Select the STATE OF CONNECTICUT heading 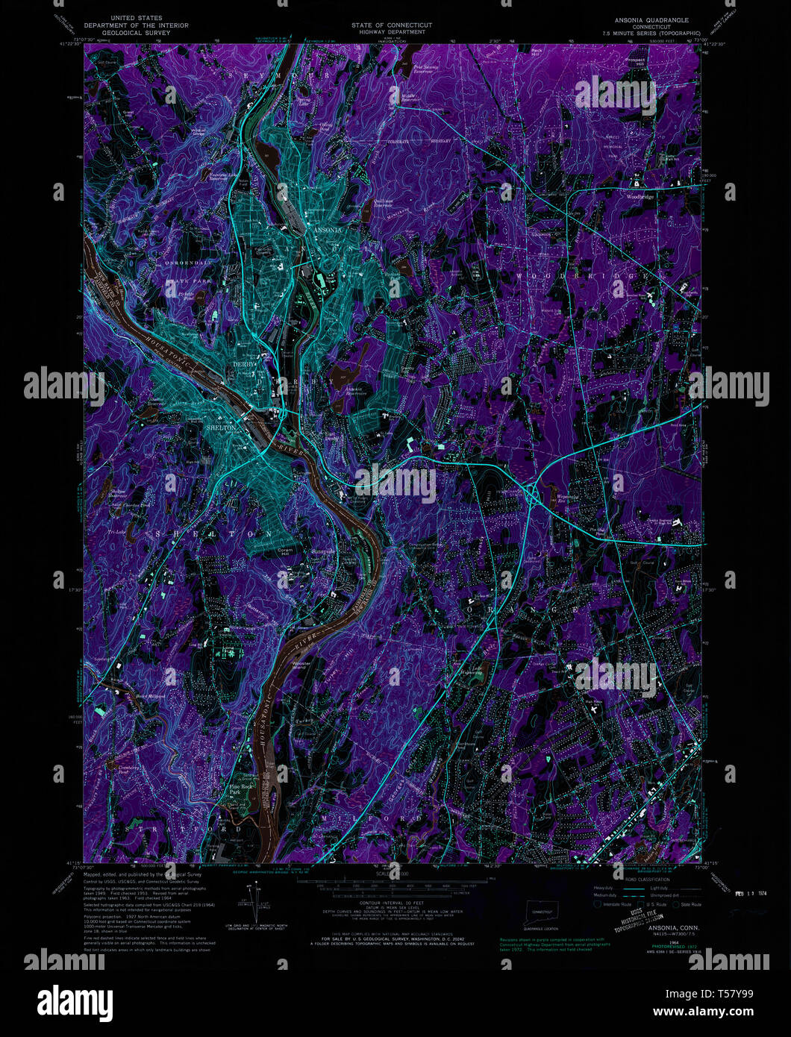392,25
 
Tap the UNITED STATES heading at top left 137,18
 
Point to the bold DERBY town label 244,376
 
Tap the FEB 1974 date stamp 751,893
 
